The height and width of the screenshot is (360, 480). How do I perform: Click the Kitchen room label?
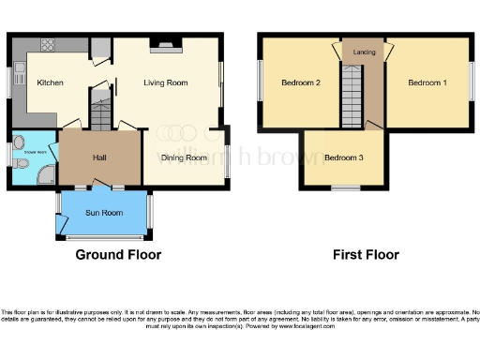(x=50, y=82)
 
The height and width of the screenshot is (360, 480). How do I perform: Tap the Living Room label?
(x=165, y=82)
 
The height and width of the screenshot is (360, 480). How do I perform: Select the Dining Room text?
(x=183, y=157)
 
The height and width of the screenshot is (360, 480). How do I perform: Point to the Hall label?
(x=99, y=157)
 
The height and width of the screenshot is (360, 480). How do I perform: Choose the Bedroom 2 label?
(x=301, y=82)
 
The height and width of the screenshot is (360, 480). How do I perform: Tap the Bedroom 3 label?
(x=343, y=157)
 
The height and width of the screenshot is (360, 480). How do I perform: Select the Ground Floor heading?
(x=118, y=254)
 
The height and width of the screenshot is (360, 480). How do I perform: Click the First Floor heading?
(x=367, y=254)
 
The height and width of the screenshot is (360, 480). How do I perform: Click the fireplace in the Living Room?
(x=166, y=42)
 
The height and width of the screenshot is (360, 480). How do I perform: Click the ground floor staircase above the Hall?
(x=100, y=110)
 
